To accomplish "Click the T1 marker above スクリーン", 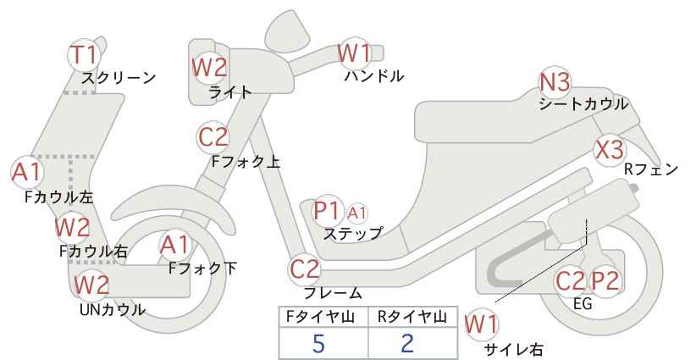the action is pyautogui.click(x=84, y=55).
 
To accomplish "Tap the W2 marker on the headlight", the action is pyautogui.click(x=209, y=68).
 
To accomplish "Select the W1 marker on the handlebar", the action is pyautogui.click(x=354, y=53).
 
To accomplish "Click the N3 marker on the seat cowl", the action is pyautogui.click(x=554, y=82).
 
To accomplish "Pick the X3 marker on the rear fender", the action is pyautogui.click(x=610, y=150).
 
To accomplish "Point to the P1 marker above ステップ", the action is pyautogui.click(x=327, y=211).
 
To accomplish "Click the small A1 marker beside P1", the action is pyautogui.click(x=356, y=213).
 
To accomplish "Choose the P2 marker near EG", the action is pyautogui.click(x=605, y=281).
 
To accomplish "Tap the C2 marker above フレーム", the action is pyautogui.click(x=305, y=269).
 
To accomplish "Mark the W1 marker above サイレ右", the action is pyautogui.click(x=481, y=324).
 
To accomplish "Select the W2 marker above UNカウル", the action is pyautogui.click(x=91, y=285).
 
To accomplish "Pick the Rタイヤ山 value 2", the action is pyautogui.click(x=406, y=343).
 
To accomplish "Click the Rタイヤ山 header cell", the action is pyautogui.click(x=413, y=317).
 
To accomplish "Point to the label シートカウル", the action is pyautogui.click(x=583, y=104).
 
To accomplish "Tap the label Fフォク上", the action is pyautogui.click(x=246, y=161).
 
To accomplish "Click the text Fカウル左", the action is pyautogui.click(x=59, y=197).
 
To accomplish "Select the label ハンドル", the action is pyautogui.click(x=374, y=76).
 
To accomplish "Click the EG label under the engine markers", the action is pyautogui.click(x=583, y=303).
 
